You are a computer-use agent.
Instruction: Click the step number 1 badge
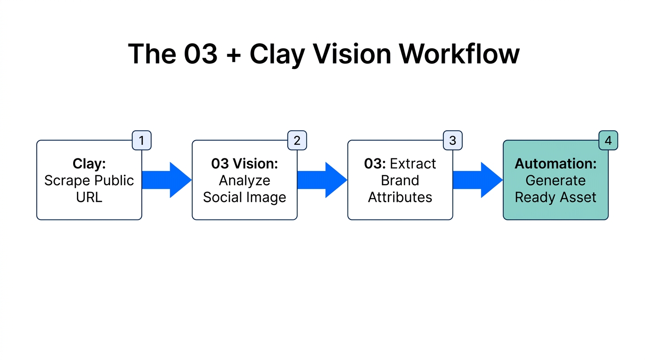point(142,140)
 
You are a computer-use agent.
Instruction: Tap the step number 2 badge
point(297,140)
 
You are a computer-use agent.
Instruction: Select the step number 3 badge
point(453,140)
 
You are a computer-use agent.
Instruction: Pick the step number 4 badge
point(608,140)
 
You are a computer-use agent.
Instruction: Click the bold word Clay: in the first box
point(89,164)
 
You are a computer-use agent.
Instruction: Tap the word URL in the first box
point(89,197)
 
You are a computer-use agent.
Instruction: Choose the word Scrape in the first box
point(66,180)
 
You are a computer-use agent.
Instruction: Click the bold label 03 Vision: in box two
point(245,164)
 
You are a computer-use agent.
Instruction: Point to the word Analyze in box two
point(245,180)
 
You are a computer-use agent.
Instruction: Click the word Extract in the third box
point(413,164)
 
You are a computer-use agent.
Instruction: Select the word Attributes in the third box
point(400,197)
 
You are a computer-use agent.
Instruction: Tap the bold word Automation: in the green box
point(556,164)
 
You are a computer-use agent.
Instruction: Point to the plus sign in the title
point(233,55)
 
